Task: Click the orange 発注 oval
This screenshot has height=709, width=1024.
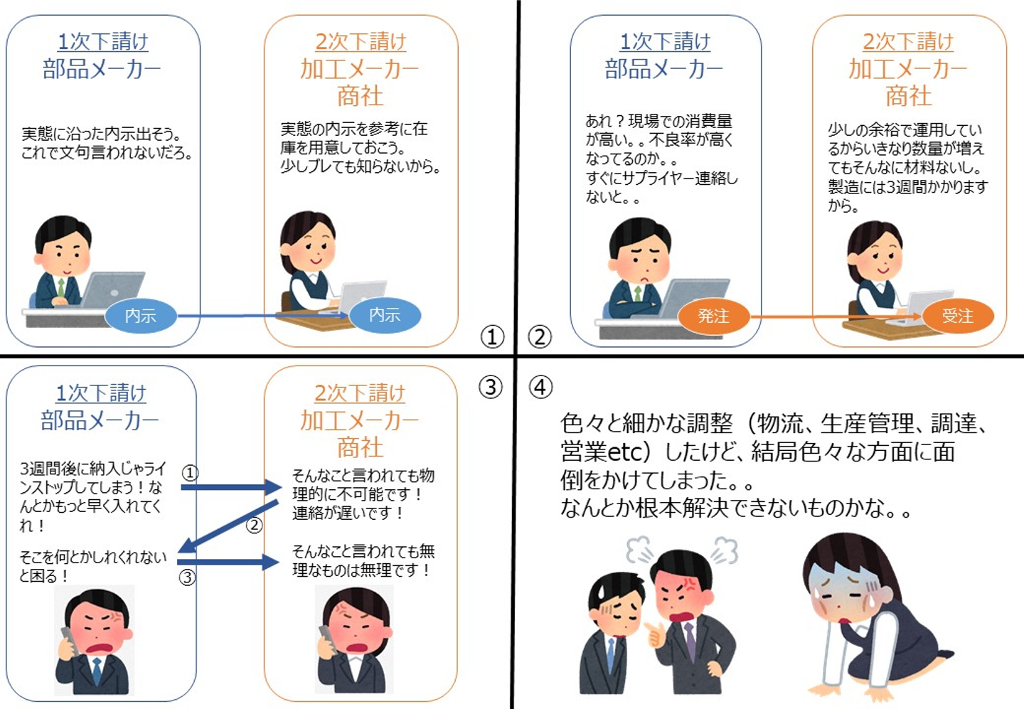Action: (x=714, y=316)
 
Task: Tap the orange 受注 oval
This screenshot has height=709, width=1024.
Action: (x=958, y=316)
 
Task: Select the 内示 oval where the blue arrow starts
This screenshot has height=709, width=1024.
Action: (x=141, y=316)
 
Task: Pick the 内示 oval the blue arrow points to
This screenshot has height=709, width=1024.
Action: (x=385, y=315)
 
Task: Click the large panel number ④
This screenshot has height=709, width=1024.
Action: (x=540, y=387)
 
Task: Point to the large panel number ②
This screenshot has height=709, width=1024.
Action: (x=540, y=337)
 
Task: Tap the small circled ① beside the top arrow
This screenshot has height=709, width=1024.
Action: (x=190, y=473)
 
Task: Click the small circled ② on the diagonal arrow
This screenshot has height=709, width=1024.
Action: (x=254, y=525)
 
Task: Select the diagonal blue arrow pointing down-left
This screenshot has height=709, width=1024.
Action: (x=228, y=526)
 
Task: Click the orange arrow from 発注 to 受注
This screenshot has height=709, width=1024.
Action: (x=836, y=316)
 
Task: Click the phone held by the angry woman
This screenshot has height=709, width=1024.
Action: (x=326, y=639)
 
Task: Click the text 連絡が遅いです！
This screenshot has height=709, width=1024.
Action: (x=348, y=513)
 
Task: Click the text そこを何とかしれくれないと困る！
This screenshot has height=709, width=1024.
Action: (x=92, y=566)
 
